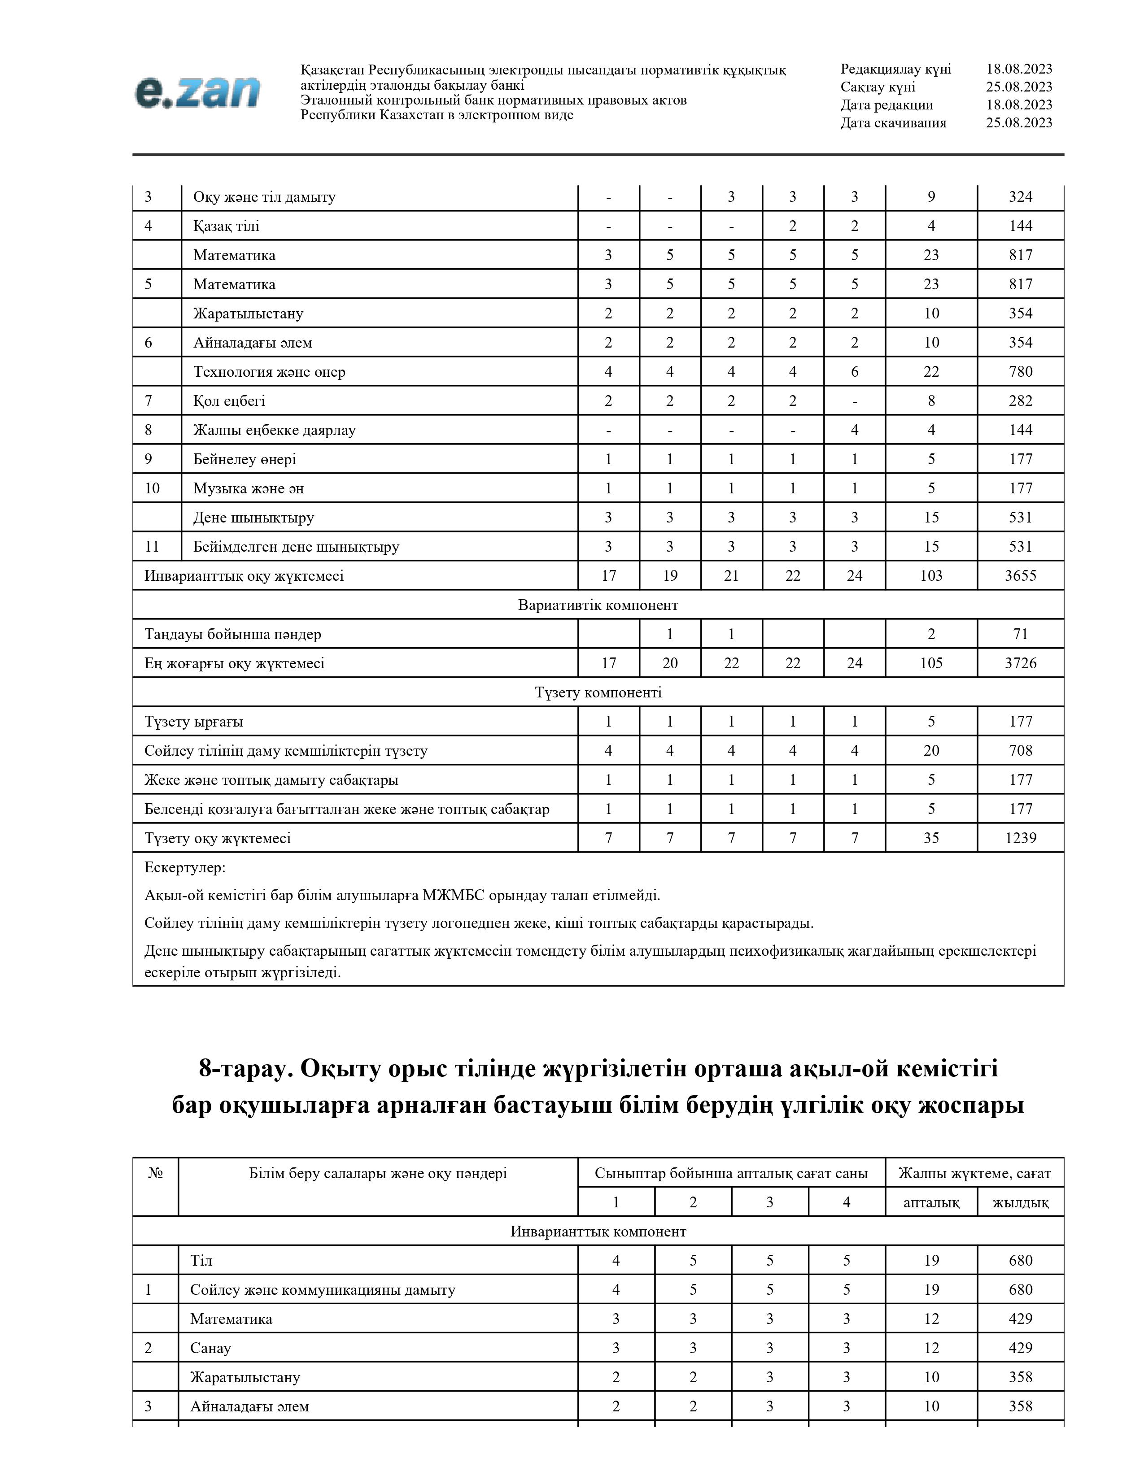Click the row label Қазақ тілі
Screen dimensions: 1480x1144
pos(227,226)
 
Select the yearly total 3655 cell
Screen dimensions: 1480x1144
pos(1020,575)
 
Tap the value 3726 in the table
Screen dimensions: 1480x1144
pos(1020,663)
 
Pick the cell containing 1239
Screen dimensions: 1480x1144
pos(1020,838)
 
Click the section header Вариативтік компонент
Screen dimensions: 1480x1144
pos(598,605)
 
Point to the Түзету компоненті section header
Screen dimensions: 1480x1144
pos(598,692)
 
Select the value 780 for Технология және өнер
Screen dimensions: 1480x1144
pos(1020,371)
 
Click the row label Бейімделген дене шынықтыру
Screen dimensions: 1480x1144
pos(296,546)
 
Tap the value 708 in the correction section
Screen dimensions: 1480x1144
pos(1020,750)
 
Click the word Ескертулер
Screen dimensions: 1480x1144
pos(185,867)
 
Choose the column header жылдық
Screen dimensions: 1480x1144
pos(1020,1202)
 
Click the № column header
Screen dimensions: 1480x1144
pos(155,1173)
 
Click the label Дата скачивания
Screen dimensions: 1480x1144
pos(893,122)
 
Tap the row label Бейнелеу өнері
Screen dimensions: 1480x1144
pos(244,459)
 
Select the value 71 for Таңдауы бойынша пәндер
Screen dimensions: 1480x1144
pos(1020,634)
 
